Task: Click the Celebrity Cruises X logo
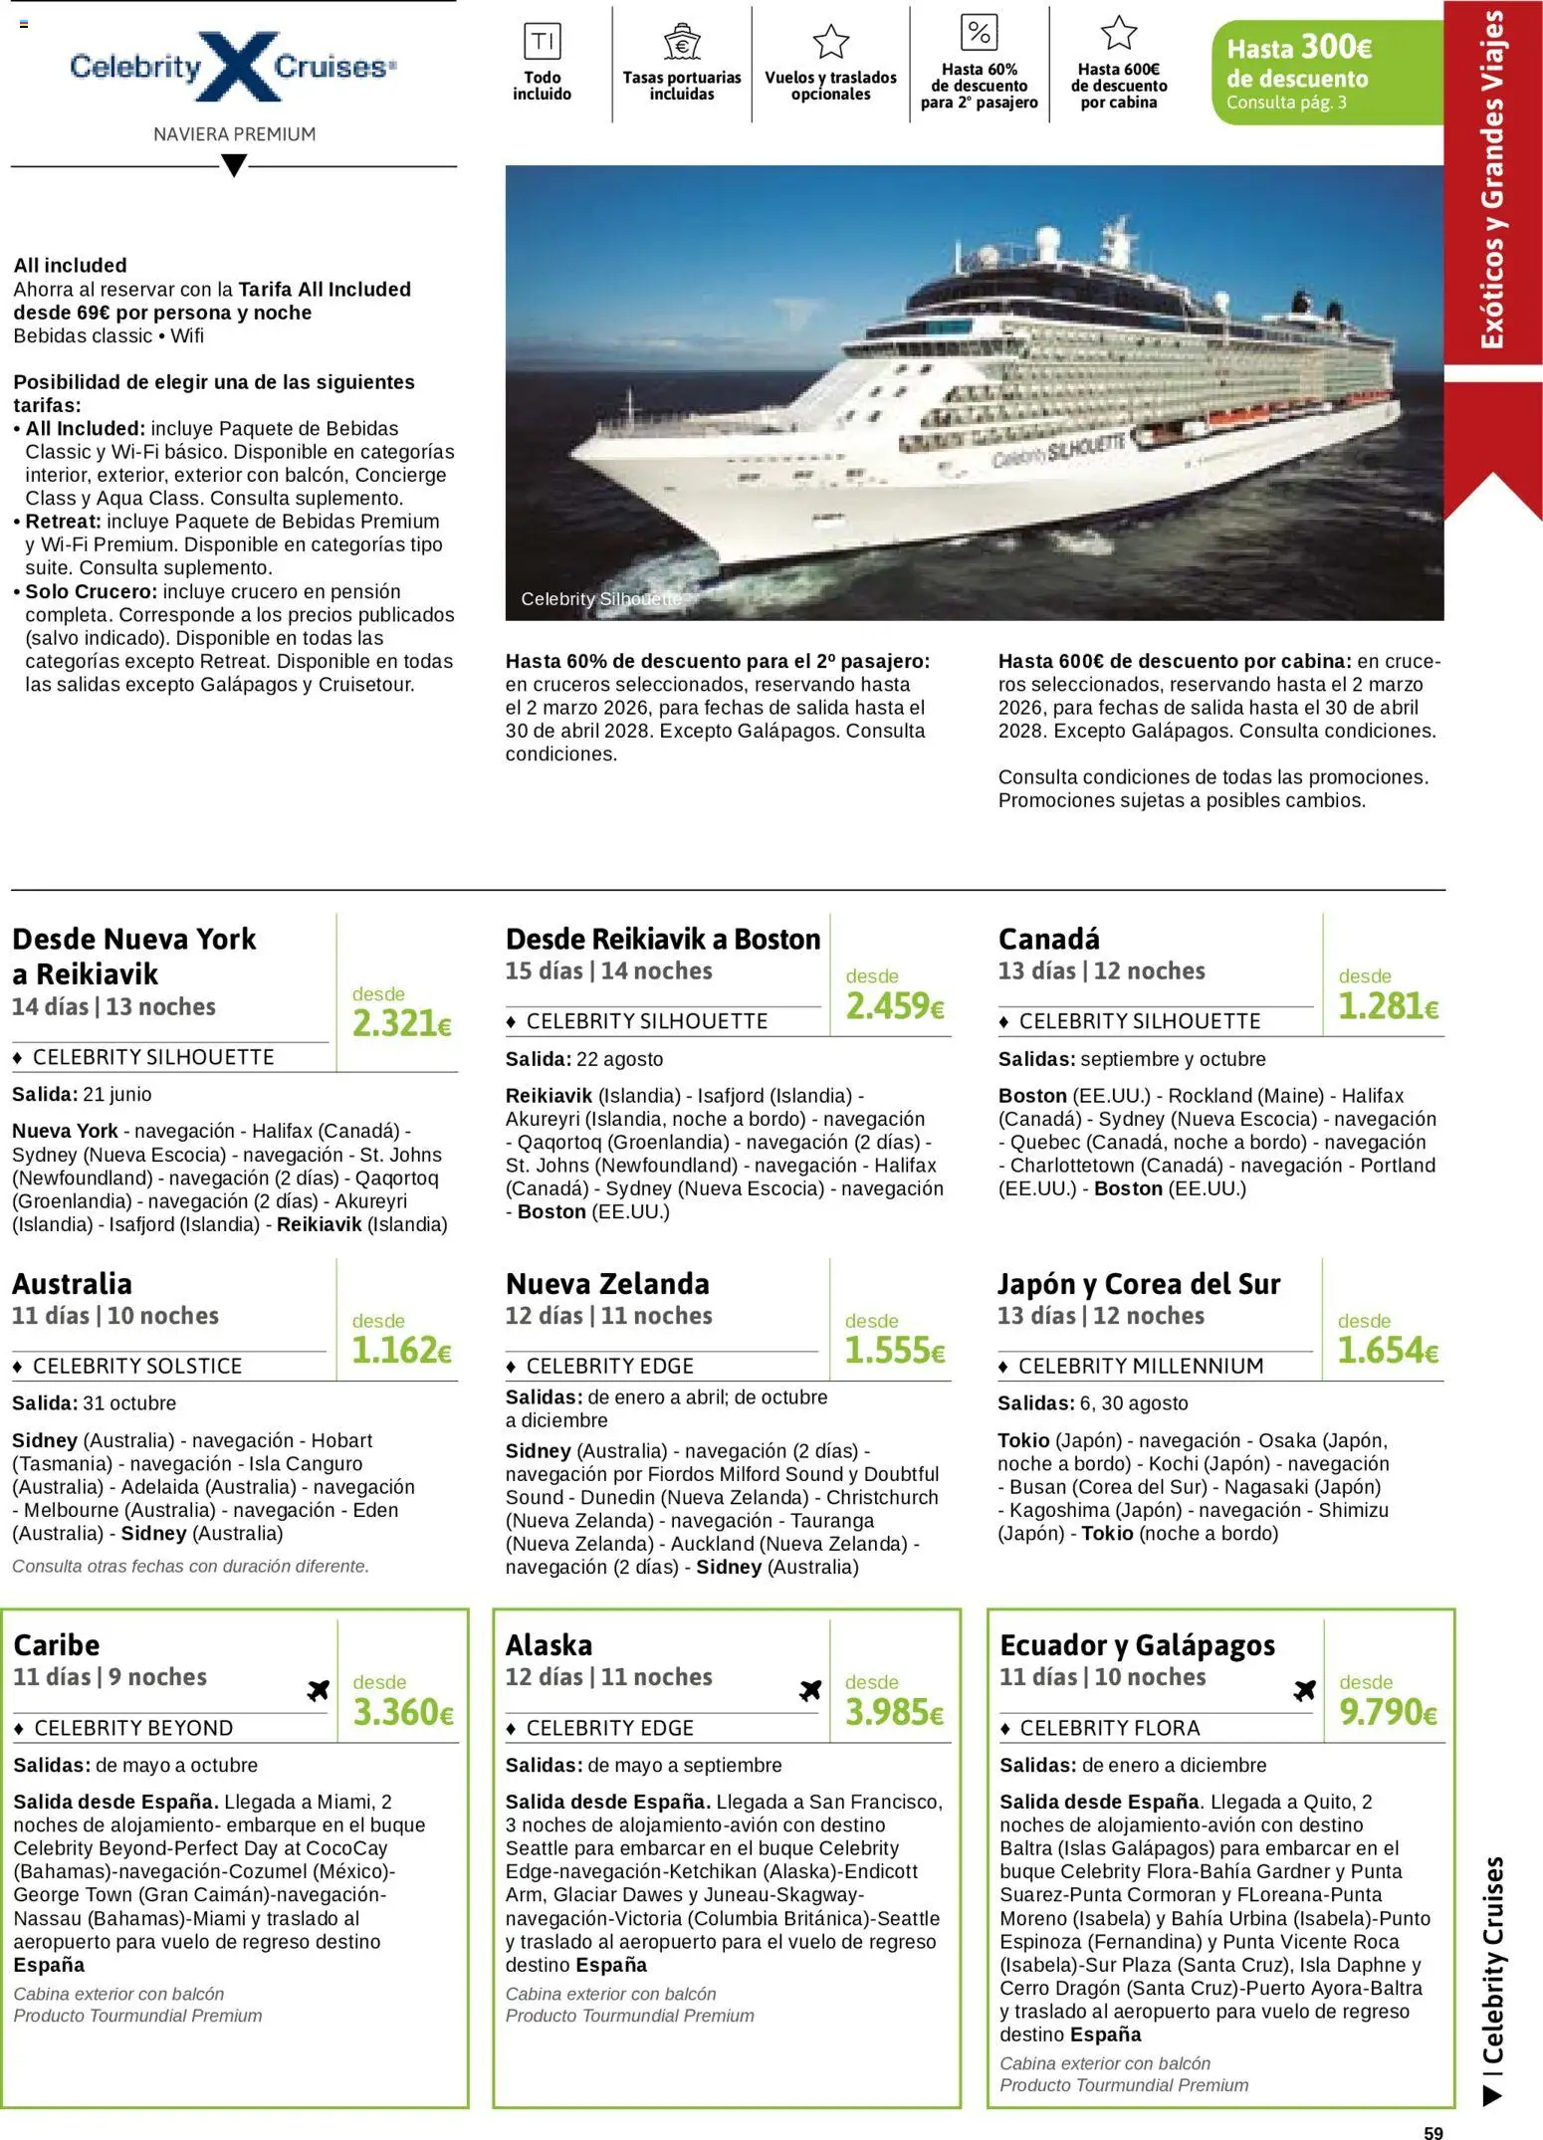tap(234, 67)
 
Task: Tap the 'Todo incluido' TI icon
tap(543, 42)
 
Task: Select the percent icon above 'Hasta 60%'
tap(979, 33)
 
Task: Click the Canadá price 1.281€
tap(1388, 1006)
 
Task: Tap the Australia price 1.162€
tap(402, 1351)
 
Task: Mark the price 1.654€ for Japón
tap(1388, 1351)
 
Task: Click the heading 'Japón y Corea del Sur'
tap(1139, 1284)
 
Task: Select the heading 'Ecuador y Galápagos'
tap(1137, 1645)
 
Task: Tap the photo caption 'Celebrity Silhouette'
tap(601, 599)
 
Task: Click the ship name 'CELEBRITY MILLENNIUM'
tap(1141, 1366)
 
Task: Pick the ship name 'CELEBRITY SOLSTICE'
tap(137, 1366)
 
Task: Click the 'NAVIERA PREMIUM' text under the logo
tap(234, 134)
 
